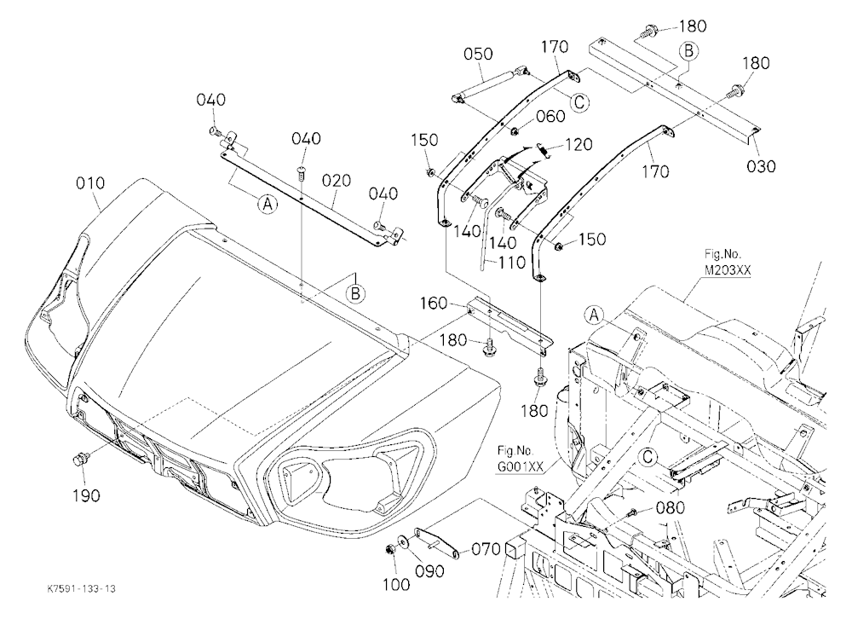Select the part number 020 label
[337, 180]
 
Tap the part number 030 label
[761, 166]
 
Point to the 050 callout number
[478, 54]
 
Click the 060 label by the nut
[550, 117]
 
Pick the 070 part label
[486, 549]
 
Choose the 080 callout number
[671, 507]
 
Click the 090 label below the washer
[429, 571]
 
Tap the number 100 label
[396, 585]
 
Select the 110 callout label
[511, 263]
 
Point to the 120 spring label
[579, 144]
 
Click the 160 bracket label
[433, 303]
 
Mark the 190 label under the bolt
[86, 495]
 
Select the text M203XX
[722, 270]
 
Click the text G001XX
[519, 467]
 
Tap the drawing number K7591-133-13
[82, 589]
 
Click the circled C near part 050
[579, 101]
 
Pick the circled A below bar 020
[267, 204]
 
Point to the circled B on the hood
[355, 293]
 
